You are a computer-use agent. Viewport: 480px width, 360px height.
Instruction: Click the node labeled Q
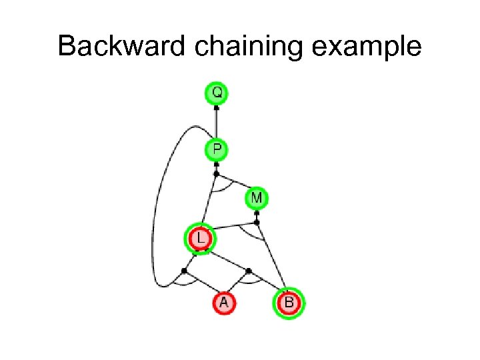pos(217,92)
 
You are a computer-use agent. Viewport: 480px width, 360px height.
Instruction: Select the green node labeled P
pos(217,149)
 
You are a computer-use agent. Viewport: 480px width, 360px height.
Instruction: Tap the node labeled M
pos(257,198)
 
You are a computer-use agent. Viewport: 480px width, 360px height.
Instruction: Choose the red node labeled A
pos(224,303)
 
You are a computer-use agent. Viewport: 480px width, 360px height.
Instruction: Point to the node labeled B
pos(289,303)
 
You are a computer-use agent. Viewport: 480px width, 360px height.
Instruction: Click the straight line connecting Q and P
pos(217,123)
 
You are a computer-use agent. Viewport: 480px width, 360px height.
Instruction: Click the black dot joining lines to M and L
pos(216,174)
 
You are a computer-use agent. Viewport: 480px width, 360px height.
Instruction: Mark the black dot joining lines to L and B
pos(257,222)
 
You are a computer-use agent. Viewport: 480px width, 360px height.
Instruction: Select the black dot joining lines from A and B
pos(249,271)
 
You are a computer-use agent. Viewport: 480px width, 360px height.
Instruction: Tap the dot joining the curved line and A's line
pos(184,271)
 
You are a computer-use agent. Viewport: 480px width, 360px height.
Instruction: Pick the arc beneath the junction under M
pos(252,234)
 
